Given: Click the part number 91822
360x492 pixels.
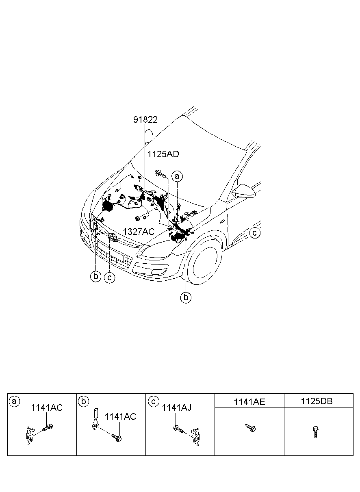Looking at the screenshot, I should point(145,119).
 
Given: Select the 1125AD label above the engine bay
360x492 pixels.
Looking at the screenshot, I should point(163,154).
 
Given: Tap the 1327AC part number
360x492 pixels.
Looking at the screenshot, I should point(139,232).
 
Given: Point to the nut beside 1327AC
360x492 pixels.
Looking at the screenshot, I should point(138,219).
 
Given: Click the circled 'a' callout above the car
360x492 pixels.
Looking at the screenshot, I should point(177,176).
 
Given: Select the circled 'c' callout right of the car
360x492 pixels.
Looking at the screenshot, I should point(255,233).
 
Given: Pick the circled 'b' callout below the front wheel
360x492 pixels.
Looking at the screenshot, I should point(186,297).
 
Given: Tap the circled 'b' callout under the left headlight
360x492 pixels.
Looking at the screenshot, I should point(95,276).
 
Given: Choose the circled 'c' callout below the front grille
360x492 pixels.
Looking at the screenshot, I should point(109,277).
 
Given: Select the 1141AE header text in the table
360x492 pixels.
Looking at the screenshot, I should point(249,402).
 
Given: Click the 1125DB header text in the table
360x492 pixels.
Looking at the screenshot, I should point(317,401).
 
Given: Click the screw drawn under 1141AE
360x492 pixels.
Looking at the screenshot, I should point(249,428).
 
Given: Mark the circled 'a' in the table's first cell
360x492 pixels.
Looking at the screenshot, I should point(15,401).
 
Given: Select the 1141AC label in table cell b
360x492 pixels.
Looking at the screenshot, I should point(120,417).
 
